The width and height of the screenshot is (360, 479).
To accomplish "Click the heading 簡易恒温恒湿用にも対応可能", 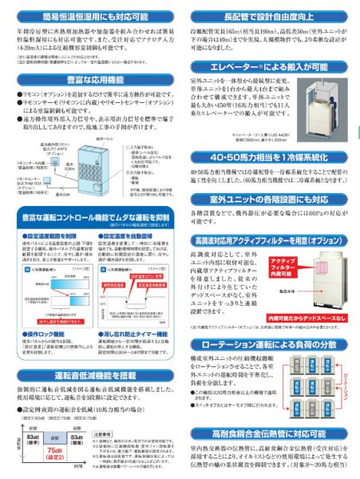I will tap(90, 14).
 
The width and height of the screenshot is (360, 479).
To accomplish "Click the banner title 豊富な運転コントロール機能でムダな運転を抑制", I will tap(90, 216).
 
